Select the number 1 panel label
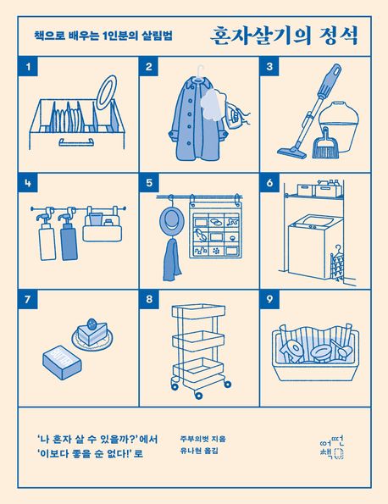point(30,67)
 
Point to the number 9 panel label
point(270,299)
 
